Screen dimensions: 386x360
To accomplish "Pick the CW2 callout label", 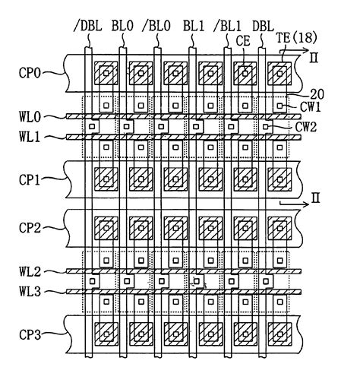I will point(307,128).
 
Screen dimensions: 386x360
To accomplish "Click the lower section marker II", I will point(314,199).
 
